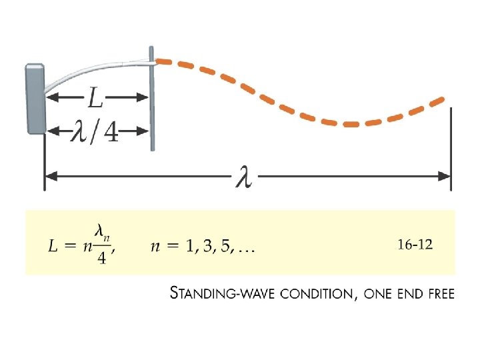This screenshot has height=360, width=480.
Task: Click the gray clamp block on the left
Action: click(x=35, y=99)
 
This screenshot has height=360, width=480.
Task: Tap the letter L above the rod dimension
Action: click(x=96, y=99)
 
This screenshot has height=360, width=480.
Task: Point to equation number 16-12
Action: click(x=415, y=245)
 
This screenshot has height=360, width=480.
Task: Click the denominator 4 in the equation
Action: click(x=101, y=259)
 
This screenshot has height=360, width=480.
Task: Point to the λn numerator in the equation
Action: click(x=102, y=233)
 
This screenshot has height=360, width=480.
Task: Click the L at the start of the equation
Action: click(x=54, y=247)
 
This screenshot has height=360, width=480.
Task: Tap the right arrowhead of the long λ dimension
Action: click(x=445, y=177)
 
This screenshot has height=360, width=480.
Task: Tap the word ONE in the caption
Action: click(x=380, y=293)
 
